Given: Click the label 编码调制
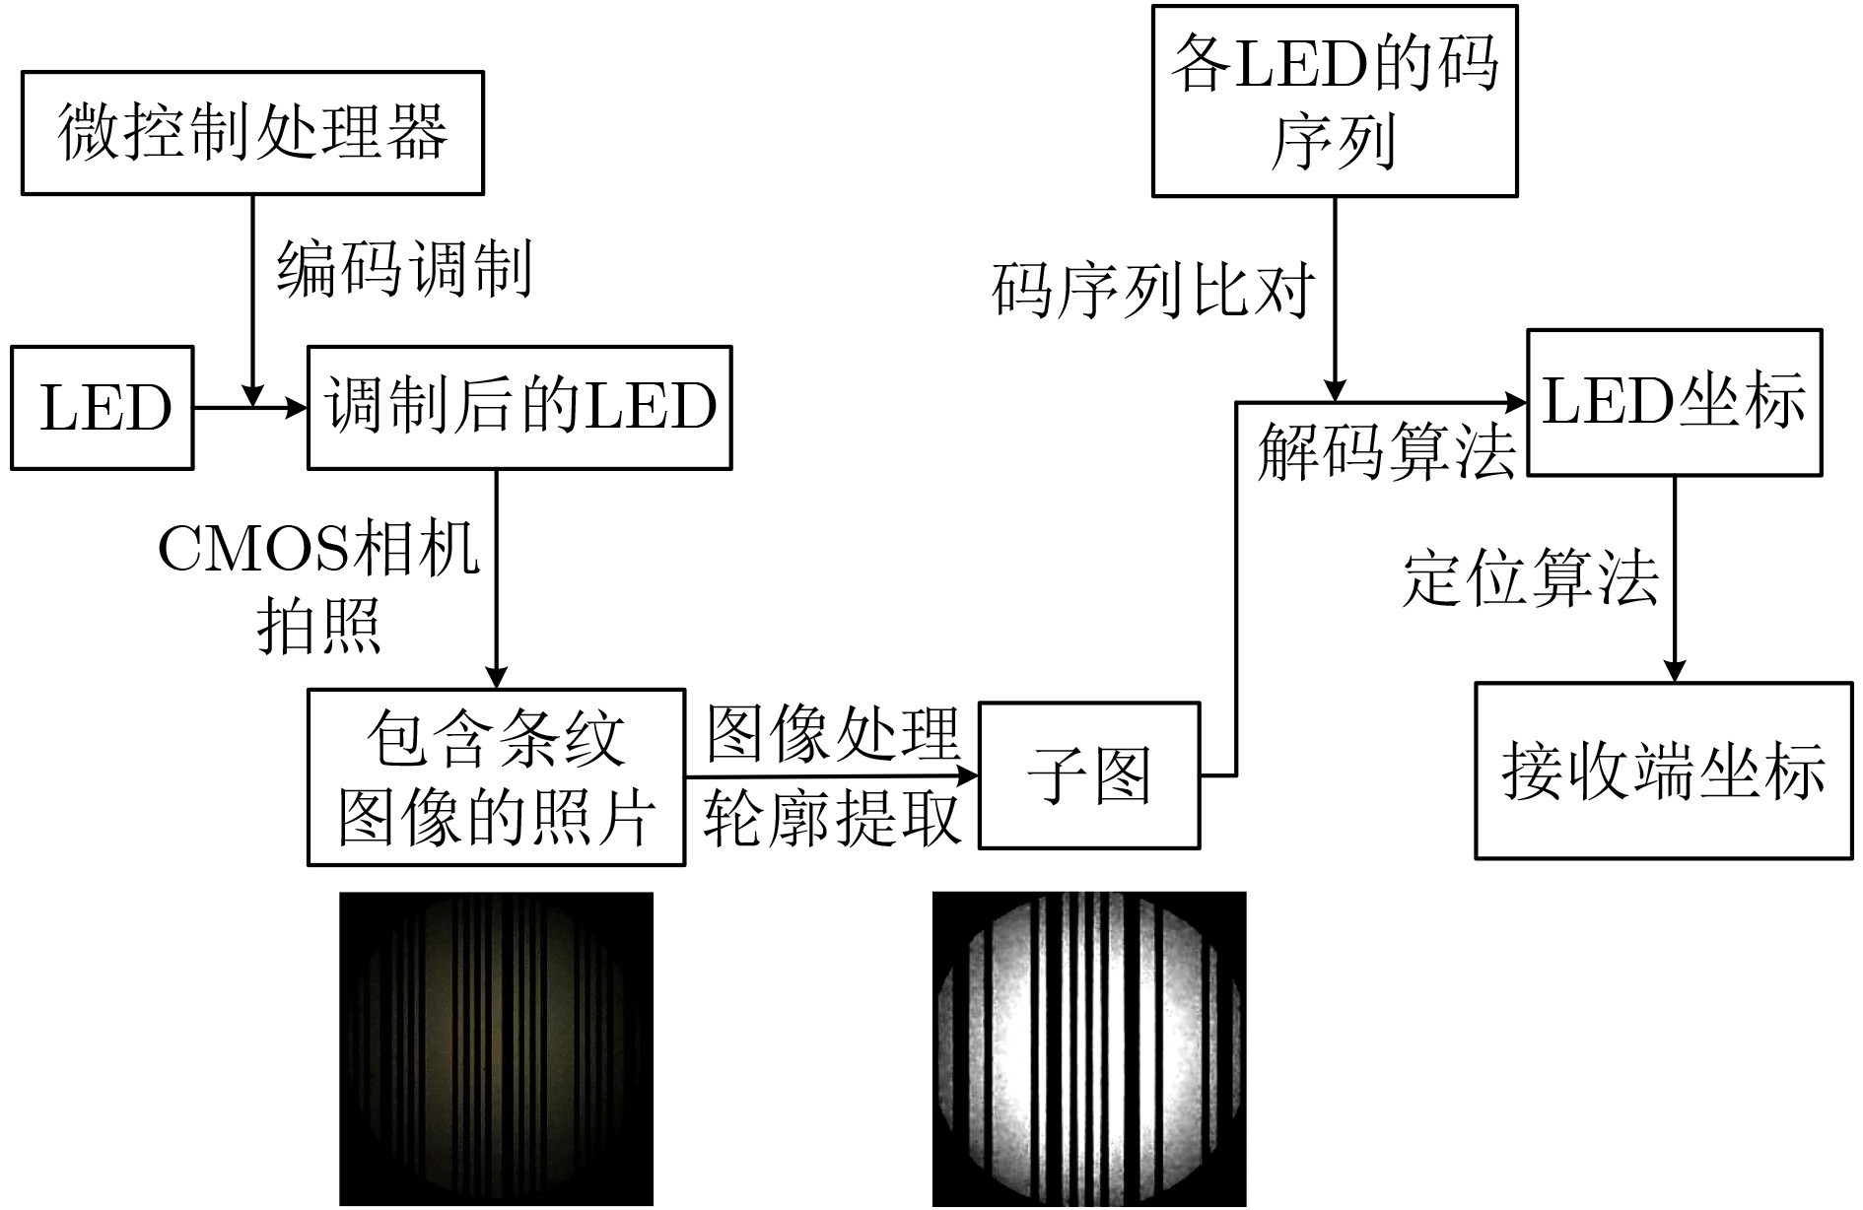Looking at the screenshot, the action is pos(404,268).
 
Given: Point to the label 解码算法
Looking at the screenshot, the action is pos(1386,453).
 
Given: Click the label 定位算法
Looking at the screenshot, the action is pos(1531,577).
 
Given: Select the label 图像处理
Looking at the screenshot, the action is pos(833,734).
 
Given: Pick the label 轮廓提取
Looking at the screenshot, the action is pos(833,818).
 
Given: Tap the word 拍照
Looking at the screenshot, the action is pos(318,626).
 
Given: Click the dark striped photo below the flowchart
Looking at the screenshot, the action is pos(496,1048).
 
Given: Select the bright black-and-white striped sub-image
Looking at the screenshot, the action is pos(1089,1048).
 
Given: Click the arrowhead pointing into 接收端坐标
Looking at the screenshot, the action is pos(1674,669).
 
